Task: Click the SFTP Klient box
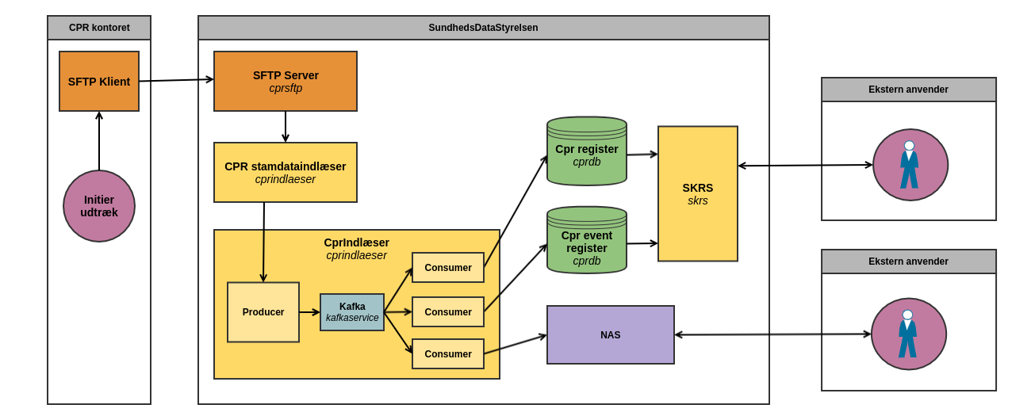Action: click(99, 82)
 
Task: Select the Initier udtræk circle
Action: click(99, 206)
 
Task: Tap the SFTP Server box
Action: click(286, 82)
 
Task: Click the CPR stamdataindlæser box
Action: click(286, 173)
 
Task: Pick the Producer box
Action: click(263, 312)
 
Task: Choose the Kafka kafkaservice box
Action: click(352, 312)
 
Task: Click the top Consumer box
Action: click(448, 268)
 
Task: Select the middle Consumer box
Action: click(448, 312)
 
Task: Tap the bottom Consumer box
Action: click(448, 354)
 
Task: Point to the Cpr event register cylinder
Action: click(587, 241)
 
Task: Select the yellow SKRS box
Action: click(698, 194)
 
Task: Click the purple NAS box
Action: click(611, 335)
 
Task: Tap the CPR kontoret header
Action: click(99, 28)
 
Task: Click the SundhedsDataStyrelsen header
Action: click(483, 28)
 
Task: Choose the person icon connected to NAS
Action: click(908, 334)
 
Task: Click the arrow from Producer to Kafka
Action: click(309, 312)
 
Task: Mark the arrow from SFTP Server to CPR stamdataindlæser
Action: click(286, 127)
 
